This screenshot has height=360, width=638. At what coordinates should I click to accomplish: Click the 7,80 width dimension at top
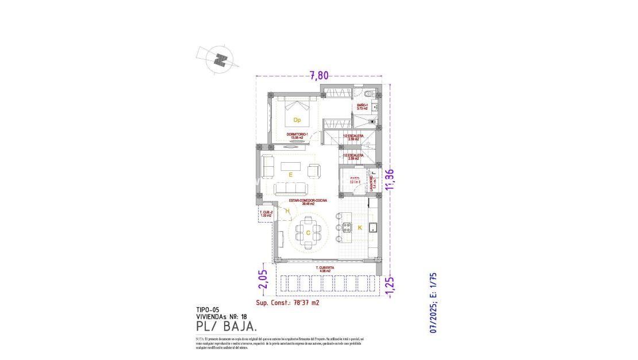click(320, 75)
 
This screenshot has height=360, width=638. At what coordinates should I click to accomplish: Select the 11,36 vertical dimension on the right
click(391, 179)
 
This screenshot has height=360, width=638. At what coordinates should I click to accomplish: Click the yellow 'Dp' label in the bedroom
click(297, 120)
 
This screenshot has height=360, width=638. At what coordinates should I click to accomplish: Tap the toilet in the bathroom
click(370, 94)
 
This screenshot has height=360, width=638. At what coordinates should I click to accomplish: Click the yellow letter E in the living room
click(291, 174)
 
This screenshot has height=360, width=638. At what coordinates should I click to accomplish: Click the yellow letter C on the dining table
click(308, 232)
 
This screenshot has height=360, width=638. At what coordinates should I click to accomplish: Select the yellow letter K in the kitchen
click(360, 228)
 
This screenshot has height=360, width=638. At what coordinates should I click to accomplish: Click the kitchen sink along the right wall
click(372, 226)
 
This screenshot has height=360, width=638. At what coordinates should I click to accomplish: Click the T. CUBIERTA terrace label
click(326, 269)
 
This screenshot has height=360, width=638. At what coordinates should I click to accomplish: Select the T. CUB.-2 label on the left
click(266, 213)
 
